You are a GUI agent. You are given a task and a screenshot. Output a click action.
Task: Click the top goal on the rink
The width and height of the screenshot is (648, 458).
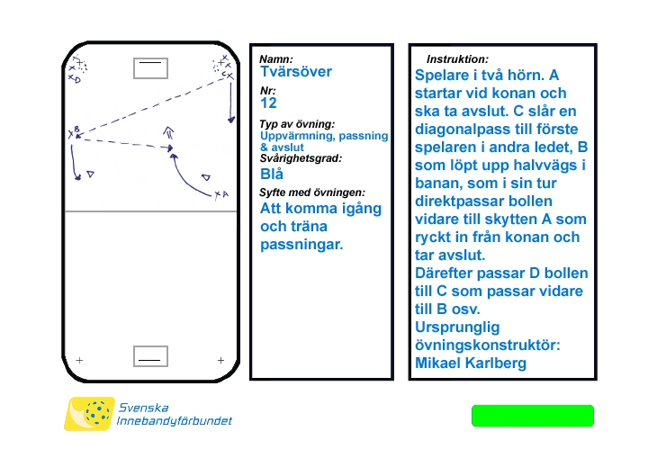pos(150,67)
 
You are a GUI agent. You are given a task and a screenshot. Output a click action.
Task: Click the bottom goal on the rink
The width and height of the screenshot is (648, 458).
pos(150,356)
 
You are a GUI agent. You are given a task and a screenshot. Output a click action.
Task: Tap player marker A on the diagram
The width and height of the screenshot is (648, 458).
pos(220,194)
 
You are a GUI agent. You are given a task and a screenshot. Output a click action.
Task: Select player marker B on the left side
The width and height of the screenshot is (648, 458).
pos(74,132)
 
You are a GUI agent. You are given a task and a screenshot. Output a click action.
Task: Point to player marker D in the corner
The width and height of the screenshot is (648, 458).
pos(75,79)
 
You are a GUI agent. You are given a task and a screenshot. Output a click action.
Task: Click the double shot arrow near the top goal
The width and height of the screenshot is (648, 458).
pos(168,132)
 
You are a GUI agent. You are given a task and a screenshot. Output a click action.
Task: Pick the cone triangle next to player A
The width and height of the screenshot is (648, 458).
pos(206,177)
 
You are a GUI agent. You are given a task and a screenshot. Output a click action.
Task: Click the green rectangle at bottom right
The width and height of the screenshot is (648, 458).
pos(533,416)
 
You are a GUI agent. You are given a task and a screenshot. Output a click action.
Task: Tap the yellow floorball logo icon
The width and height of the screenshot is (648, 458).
pos(89,414)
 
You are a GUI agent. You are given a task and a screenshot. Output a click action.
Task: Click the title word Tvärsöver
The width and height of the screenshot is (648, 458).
pos(295,72)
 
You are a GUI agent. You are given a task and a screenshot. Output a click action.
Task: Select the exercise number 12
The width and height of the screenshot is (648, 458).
pos(268,103)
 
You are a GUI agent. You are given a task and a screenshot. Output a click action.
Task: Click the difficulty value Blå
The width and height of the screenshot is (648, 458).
pos(271,174)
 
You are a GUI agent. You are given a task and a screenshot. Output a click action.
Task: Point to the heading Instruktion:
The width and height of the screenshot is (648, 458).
pos(457,58)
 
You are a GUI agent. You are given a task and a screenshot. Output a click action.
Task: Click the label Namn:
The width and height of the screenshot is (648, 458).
pos(275,59)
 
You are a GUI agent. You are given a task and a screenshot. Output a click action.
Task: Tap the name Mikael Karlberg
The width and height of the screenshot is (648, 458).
pos(470,364)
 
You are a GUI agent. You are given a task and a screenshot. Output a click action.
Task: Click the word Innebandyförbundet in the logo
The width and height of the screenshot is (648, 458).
pos(175,421)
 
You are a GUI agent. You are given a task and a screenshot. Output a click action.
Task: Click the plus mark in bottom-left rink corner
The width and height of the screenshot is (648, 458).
pos(80,360)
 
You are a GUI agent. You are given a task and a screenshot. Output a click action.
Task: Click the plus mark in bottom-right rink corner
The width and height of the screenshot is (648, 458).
pos(220,360)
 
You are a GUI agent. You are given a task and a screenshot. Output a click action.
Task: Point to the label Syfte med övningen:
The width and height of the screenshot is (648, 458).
pos(311,193)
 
